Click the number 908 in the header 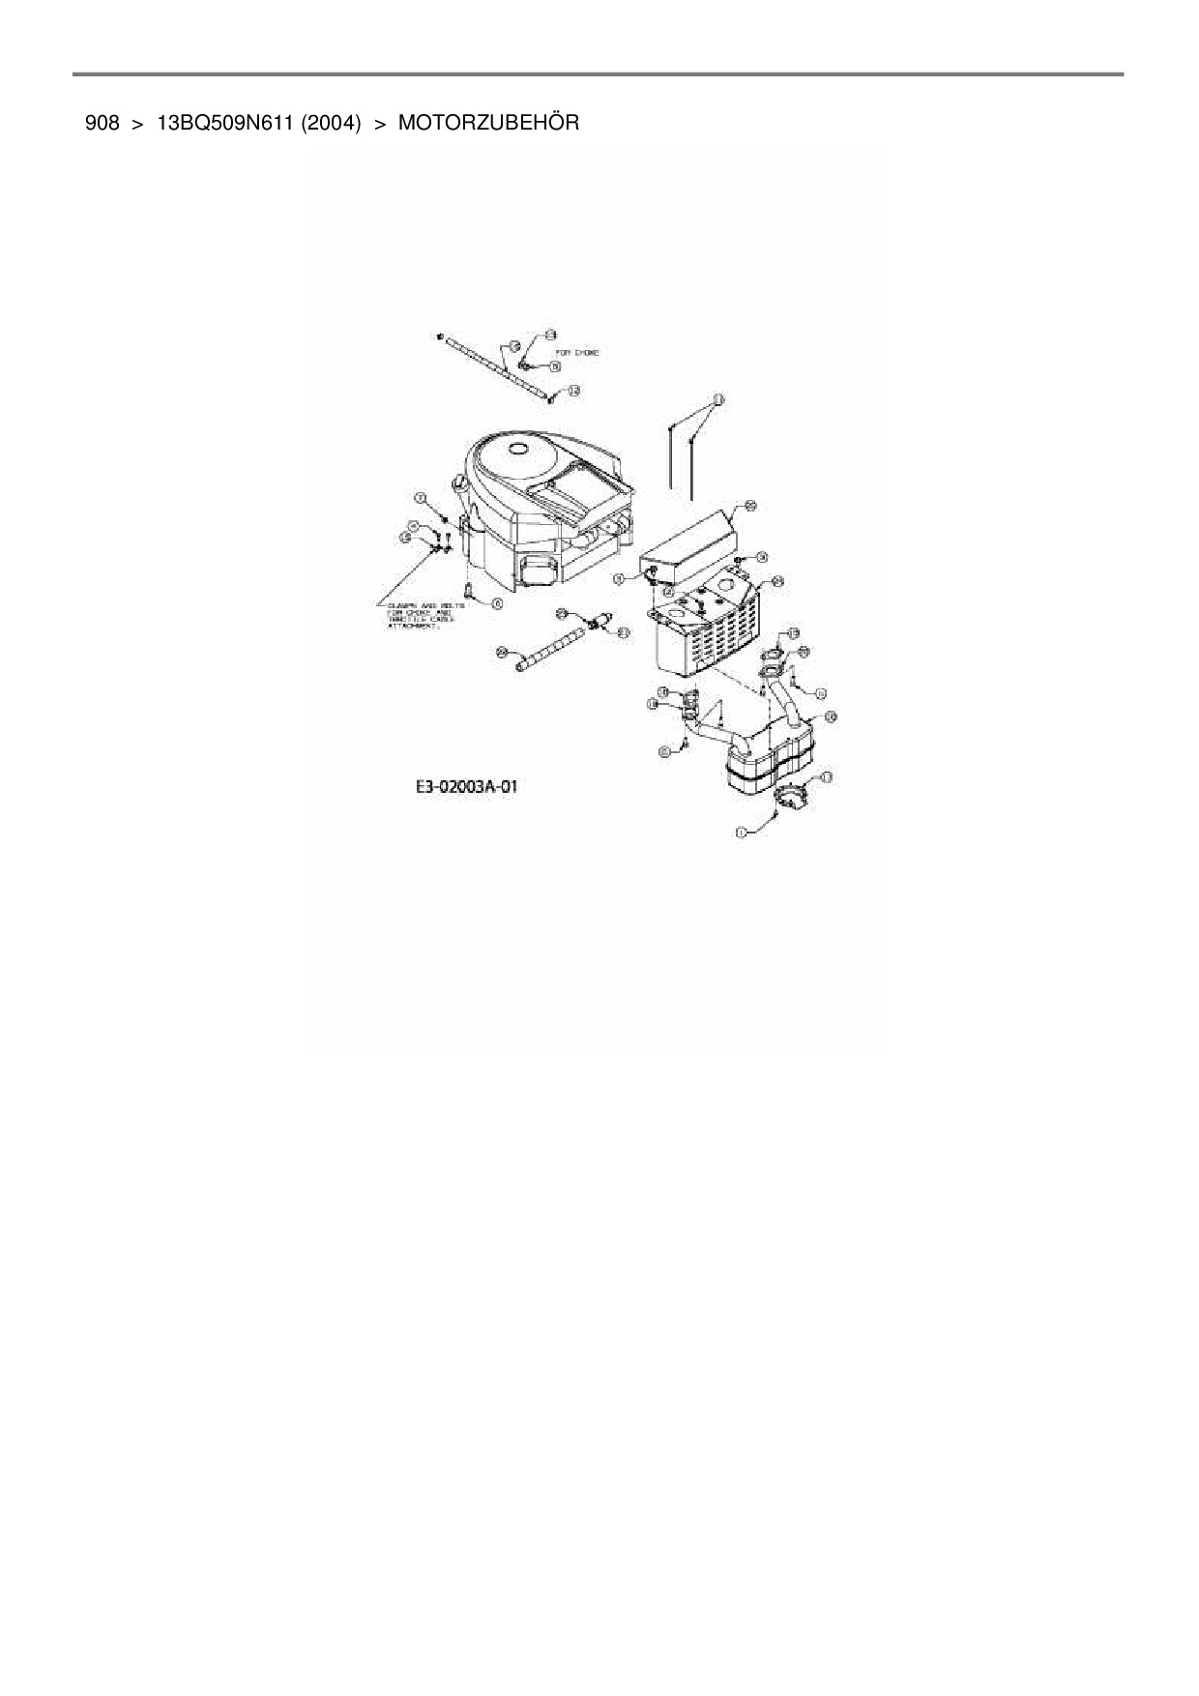[102, 124]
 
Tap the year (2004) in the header [331, 124]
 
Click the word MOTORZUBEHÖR [488, 124]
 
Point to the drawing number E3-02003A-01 [467, 787]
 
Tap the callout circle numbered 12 [573, 391]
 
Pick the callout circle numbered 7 [421, 497]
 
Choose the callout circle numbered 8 [556, 366]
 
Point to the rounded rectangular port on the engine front [540, 570]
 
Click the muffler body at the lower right [769, 759]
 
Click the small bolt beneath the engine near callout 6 [468, 588]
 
